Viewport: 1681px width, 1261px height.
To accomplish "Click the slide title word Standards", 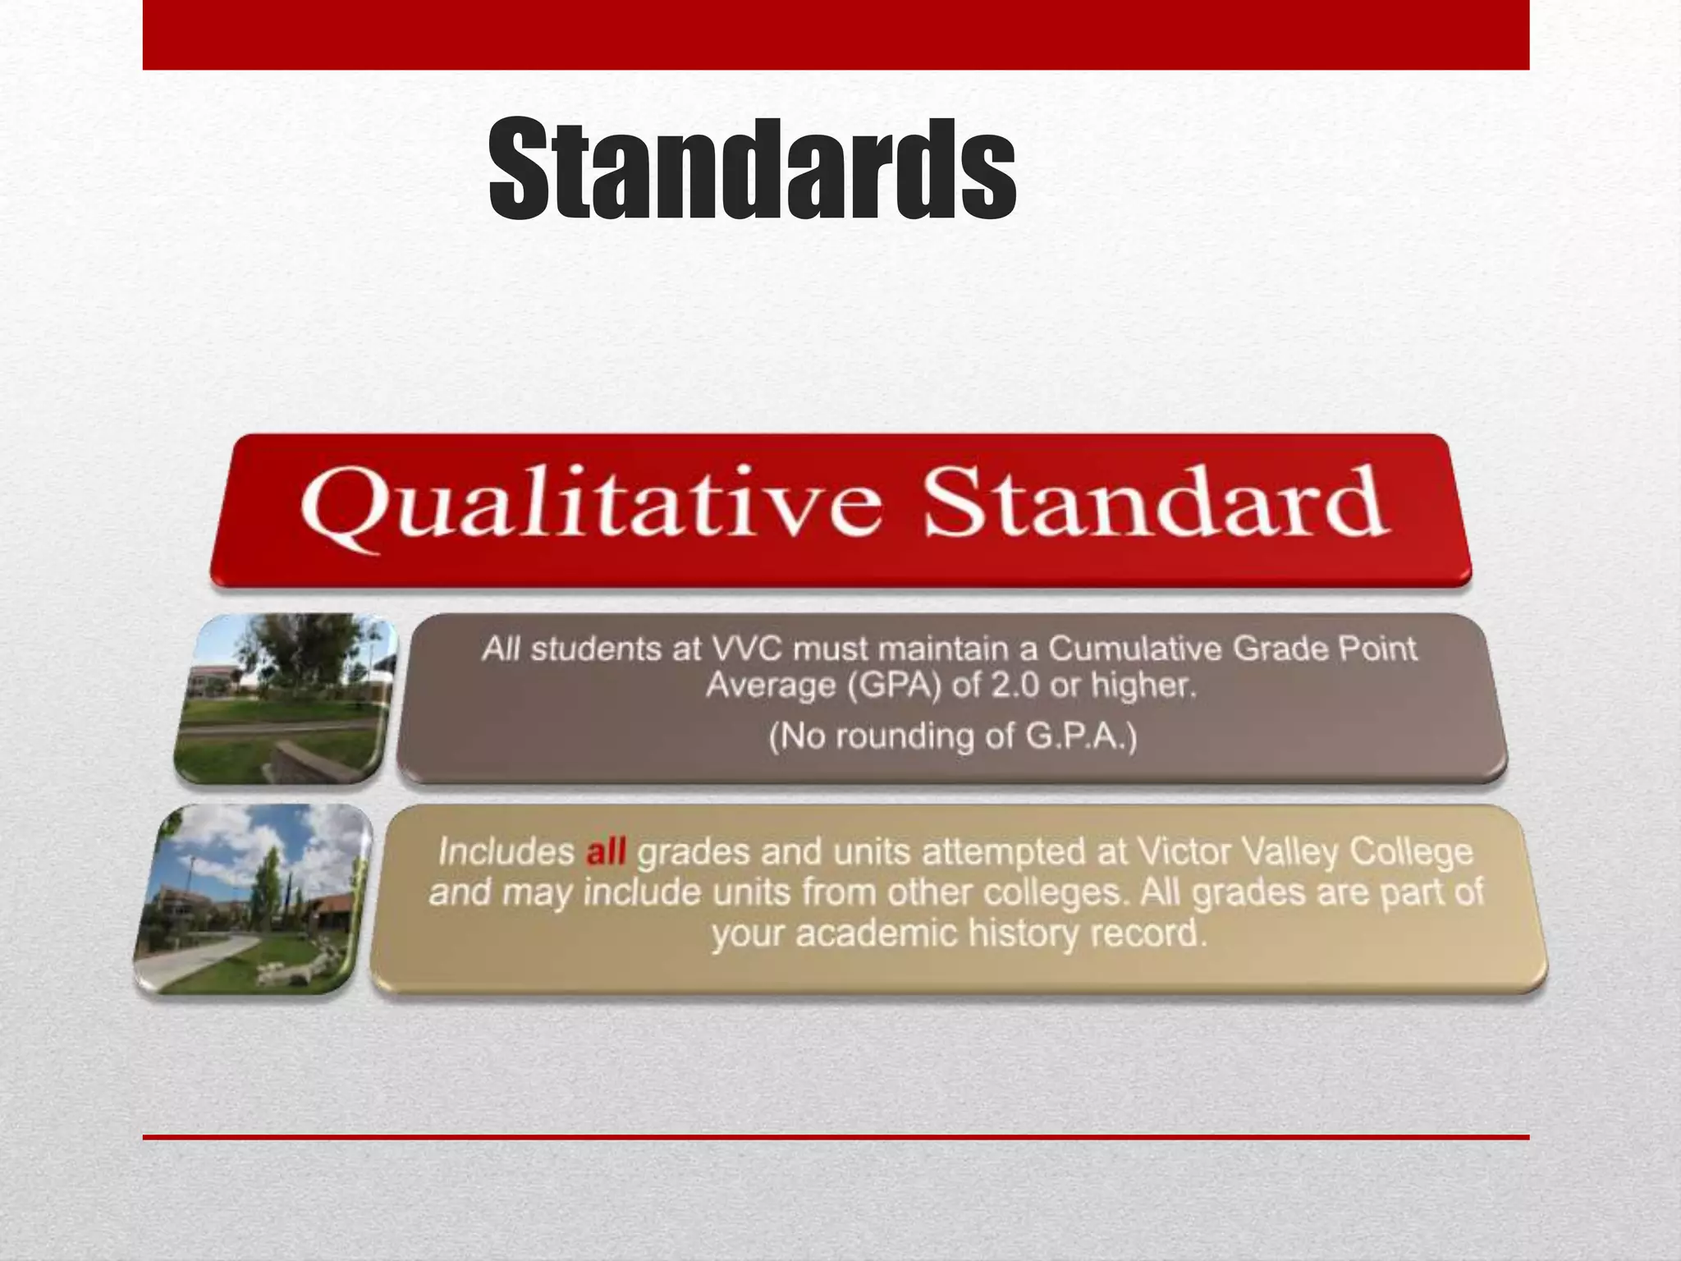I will (x=752, y=170).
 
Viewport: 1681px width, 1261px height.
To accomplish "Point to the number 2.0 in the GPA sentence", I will (x=1014, y=686).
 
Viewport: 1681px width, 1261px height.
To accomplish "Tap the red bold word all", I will (x=606, y=853).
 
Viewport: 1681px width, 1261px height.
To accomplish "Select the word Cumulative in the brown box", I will (x=1136, y=649).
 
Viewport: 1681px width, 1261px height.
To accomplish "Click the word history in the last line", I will (x=1022, y=934).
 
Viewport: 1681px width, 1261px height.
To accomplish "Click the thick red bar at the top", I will (x=836, y=34).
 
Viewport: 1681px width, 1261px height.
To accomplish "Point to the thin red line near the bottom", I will (x=836, y=1137).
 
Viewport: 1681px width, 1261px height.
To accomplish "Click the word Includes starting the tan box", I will (x=506, y=853).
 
